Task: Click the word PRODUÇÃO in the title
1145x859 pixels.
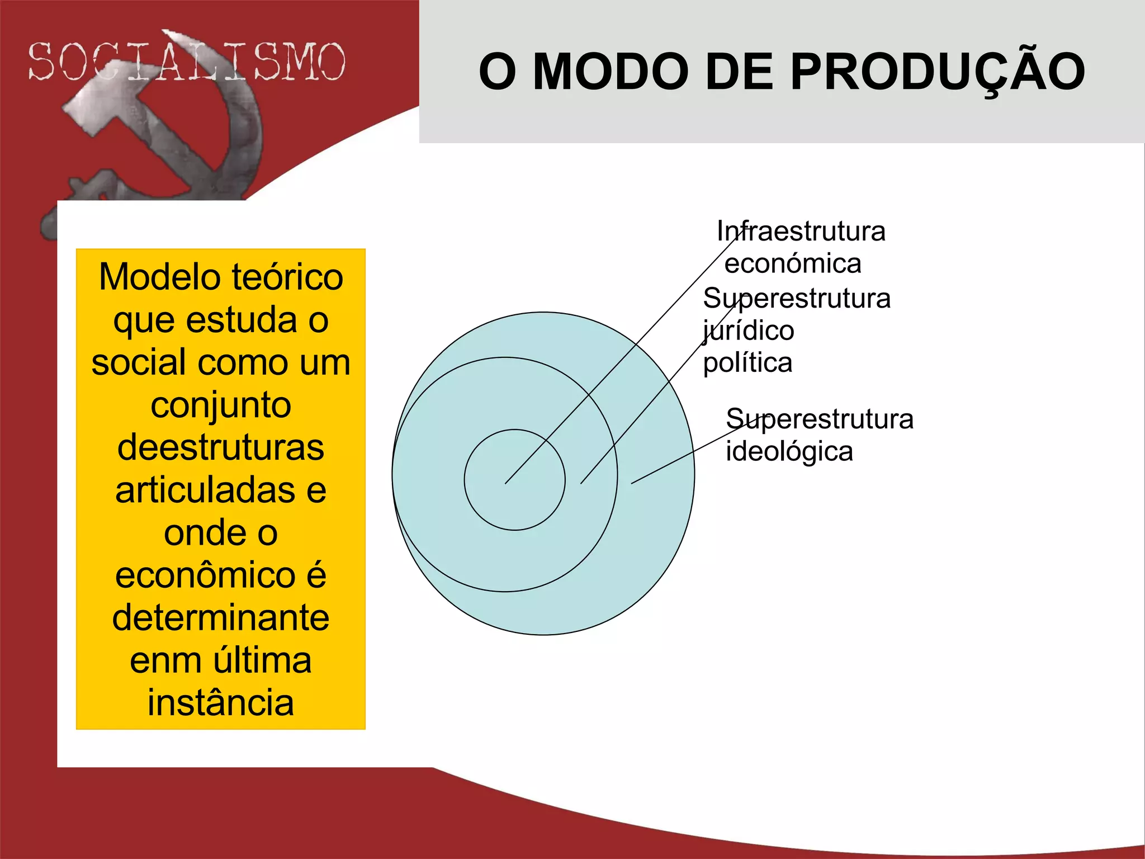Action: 938,72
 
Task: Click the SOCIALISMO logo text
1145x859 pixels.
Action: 187,62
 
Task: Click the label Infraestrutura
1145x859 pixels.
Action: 801,231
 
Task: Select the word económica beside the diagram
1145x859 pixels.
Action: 793,263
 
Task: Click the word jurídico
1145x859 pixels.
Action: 749,331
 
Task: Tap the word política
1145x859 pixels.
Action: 747,363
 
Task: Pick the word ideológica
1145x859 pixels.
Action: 789,451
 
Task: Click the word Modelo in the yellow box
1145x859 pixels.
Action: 159,277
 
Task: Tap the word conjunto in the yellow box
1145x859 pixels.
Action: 221,405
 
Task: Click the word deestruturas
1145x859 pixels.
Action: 221,447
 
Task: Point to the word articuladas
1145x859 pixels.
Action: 205,490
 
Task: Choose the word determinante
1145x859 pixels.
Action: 221,618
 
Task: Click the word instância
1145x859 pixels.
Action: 221,703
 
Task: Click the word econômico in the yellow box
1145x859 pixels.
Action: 205,575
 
